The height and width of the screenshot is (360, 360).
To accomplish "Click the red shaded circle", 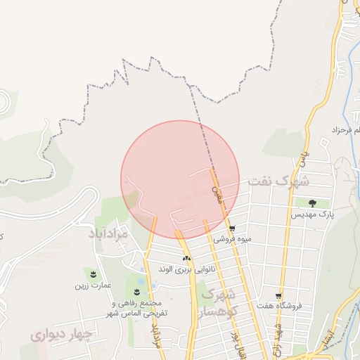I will tap(180, 179).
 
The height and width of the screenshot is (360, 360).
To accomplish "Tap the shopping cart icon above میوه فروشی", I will tap(232, 229).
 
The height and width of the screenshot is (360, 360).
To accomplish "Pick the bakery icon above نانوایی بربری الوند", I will tap(186, 259).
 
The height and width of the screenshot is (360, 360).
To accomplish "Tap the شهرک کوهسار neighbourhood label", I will tap(219, 302).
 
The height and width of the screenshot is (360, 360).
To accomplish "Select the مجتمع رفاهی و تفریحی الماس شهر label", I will tap(137, 307).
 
